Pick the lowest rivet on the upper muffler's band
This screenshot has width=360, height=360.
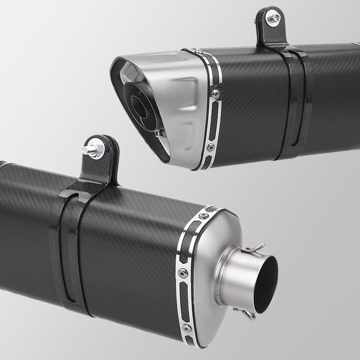[x=211, y=147]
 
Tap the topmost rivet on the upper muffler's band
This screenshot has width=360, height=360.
[x=196, y=50]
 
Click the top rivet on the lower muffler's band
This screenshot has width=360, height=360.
[x=204, y=216]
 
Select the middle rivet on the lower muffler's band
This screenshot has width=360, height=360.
[x=184, y=273]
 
